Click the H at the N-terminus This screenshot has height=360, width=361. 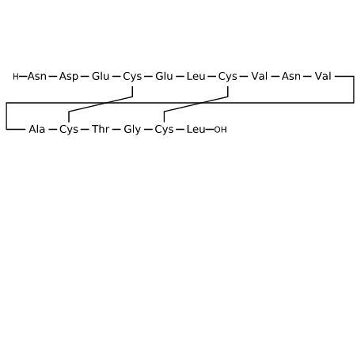pos(16,77)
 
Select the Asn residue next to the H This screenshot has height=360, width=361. pos(37,77)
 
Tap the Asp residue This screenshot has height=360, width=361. pos(69,77)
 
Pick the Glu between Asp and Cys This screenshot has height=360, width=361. pos(101,77)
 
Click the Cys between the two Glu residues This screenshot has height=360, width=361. pos(132,77)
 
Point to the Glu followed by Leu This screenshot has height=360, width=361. pos(164,77)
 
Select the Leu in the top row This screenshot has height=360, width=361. pos(196,77)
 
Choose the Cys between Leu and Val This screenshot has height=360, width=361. pos(228,77)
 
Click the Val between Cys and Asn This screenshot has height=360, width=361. pos(260,77)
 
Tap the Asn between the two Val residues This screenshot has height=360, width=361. pos(291,77)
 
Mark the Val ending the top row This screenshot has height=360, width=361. pos(323,77)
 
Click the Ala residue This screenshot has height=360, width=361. pos(37,130)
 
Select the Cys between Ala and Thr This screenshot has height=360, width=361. pos(69,130)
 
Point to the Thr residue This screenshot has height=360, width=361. pos(101,130)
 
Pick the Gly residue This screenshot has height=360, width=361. pos(132,130)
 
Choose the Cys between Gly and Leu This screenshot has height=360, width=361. pos(164,130)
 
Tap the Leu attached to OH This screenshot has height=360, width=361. pos(196,130)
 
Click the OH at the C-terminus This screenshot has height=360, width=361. pos(220,130)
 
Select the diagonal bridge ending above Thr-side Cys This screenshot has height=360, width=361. pos(101,104)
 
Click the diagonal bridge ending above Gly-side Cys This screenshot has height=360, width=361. pos(196,104)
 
